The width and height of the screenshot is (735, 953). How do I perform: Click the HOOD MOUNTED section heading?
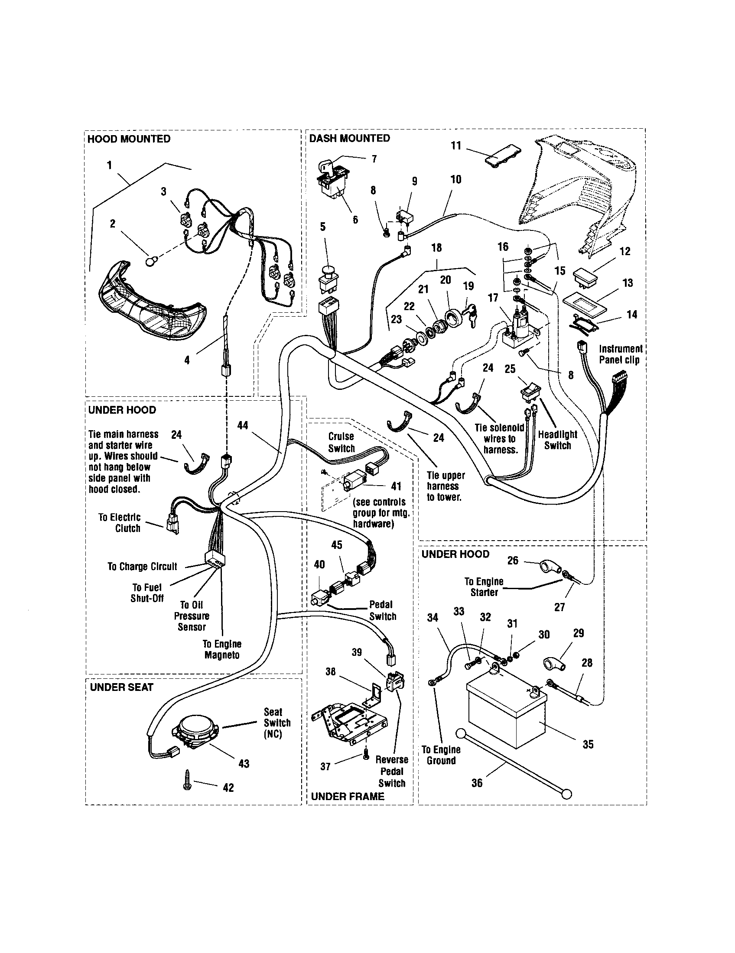[129, 139]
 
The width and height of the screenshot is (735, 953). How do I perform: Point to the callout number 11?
[456, 146]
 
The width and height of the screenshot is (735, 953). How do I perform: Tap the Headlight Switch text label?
[557, 440]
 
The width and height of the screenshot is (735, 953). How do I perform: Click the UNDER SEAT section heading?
[121, 687]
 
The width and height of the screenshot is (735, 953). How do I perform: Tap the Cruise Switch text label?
[341, 442]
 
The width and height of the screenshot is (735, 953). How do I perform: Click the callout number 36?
[477, 783]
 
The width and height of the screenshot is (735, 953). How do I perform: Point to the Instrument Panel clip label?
[620, 354]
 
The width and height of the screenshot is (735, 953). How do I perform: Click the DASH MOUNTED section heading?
[349, 138]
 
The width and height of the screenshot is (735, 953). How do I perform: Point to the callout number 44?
[242, 425]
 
